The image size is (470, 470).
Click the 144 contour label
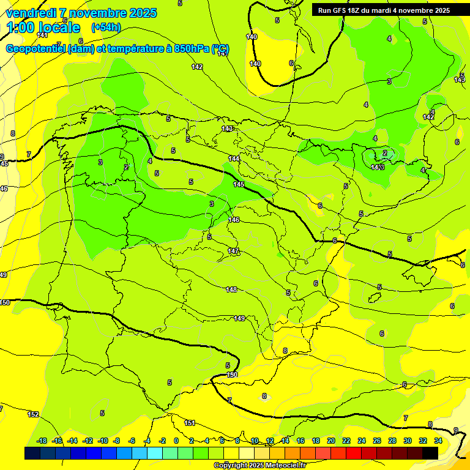(x=234, y=159)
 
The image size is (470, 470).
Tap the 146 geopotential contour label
(x=234, y=220)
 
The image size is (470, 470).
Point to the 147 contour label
(x=233, y=252)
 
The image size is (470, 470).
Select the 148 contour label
(x=231, y=289)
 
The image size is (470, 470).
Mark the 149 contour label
(x=239, y=318)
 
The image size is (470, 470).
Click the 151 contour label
(x=190, y=423)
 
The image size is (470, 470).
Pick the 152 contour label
(x=33, y=414)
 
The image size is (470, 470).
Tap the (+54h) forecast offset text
(x=106, y=28)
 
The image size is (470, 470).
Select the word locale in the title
(x=59, y=28)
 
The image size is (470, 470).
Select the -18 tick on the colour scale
(x=42, y=441)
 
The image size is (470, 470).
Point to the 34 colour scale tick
(x=438, y=441)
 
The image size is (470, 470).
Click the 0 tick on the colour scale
(x=176, y=441)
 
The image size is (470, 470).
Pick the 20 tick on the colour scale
(x=330, y=441)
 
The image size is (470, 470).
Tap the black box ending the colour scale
(x=430, y=453)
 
